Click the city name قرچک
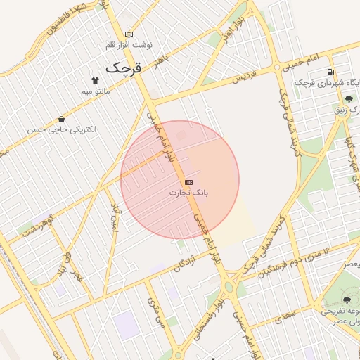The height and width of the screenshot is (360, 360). pos(124,68)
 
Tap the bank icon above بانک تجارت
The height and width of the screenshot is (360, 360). pos(188,182)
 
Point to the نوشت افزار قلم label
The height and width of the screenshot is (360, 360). pos(129,44)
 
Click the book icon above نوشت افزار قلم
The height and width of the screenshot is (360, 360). pos(129,34)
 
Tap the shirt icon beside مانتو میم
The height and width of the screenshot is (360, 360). pos(95,79)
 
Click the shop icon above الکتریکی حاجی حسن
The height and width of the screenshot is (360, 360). pos(63,119)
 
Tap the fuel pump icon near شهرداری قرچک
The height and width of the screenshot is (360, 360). pos(330,72)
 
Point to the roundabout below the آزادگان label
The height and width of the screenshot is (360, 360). pos(229,287)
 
